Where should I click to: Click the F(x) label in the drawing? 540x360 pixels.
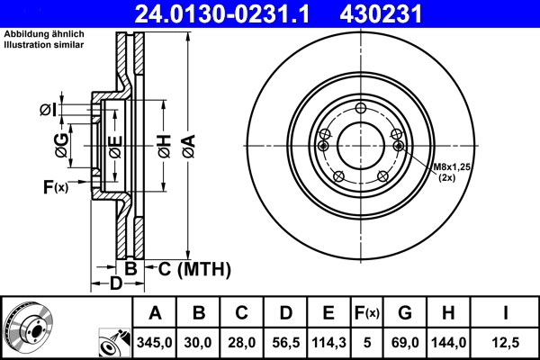(55, 187)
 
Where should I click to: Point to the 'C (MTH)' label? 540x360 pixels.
(194, 268)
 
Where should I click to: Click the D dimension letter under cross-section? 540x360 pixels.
(115, 285)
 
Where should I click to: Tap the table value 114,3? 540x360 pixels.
(327, 342)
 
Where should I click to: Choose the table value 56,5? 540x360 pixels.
(283, 342)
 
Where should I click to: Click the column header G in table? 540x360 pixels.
(404, 312)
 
